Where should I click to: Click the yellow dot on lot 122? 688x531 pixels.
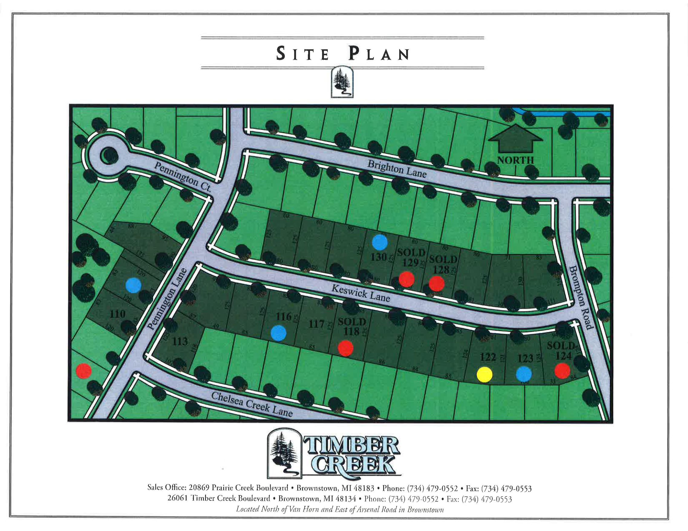[x=484, y=374]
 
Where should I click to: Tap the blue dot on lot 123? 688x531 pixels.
[x=524, y=374]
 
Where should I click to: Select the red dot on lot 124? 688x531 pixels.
[x=562, y=371]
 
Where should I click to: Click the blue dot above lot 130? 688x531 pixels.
[x=380, y=243]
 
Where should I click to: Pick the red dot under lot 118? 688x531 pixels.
[x=346, y=348]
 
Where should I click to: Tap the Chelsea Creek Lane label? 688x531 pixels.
[x=252, y=404]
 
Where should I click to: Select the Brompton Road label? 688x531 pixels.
[x=580, y=298]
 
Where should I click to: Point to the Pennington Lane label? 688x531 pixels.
[x=167, y=299]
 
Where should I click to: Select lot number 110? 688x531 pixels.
[x=118, y=314]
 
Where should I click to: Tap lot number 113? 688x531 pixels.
[x=180, y=341]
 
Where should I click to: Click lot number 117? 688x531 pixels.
[x=316, y=324]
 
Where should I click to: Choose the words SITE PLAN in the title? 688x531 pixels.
[x=343, y=54]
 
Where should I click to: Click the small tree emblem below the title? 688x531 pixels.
[x=342, y=82]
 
